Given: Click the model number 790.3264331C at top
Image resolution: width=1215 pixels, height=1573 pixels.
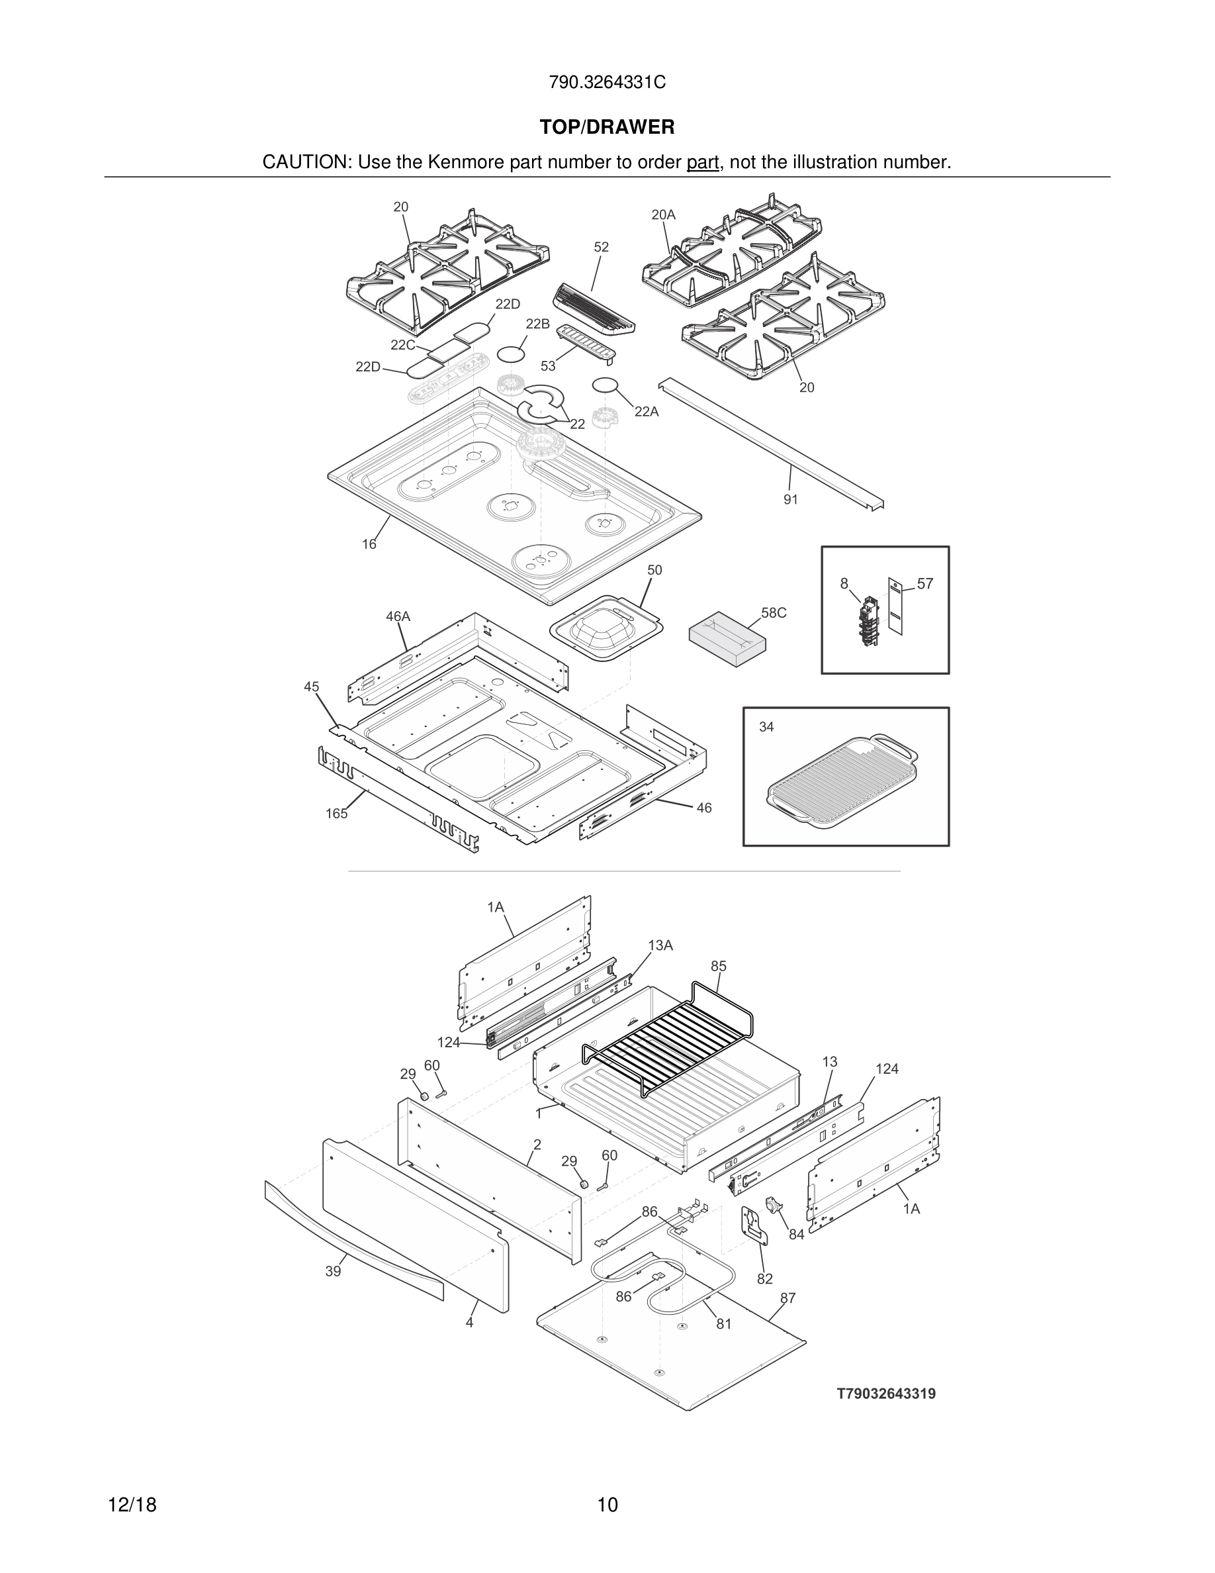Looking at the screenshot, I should (x=607, y=83).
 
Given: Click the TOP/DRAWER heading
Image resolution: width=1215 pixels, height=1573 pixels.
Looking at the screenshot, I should (x=607, y=128).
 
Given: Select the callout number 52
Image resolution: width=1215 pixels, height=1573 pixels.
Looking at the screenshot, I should (x=601, y=247).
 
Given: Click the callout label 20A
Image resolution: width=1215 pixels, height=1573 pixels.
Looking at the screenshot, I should (x=663, y=215).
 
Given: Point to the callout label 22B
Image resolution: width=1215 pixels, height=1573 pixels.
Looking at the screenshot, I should (x=537, y=324).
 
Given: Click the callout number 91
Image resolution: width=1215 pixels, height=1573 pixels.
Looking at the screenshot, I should (x=790, y=499).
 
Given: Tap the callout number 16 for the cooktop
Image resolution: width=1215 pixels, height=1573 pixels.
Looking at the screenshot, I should (x=369, y=544).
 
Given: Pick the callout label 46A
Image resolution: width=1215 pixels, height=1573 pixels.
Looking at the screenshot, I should (x=397, y=616).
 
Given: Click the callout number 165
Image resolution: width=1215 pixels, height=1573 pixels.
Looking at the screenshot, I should (x=336, y=814).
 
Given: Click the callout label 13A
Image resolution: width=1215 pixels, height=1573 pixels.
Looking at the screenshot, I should (x=659, y=945).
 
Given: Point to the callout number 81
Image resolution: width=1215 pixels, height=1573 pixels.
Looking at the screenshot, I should (x=723, y=1324).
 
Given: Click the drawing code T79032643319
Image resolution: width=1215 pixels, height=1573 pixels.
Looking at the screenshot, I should (x=885, y=1394).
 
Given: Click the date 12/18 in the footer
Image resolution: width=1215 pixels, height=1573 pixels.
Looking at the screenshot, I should (x=132, y=1505).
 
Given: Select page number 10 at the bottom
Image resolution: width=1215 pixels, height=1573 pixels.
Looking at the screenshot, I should (x=607, y=1505).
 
